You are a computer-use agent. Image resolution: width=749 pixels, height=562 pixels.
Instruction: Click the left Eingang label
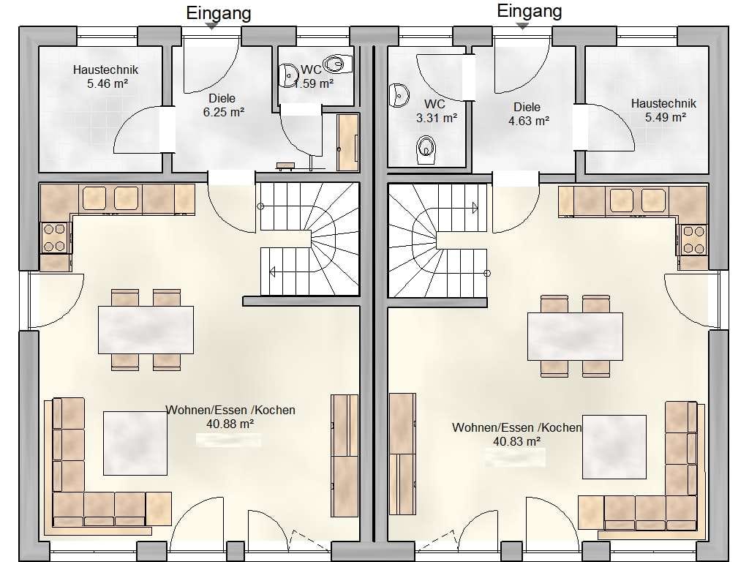pyautogui.click(x=218, y=13)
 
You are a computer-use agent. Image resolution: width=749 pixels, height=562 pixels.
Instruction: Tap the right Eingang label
pyautogui.click(x=530, y=11)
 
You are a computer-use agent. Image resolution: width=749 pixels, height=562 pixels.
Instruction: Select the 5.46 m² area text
pyautogui.click(x=107, y=83)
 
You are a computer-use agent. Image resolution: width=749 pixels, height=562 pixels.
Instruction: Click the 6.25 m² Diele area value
pyautogui.click(x=224, y=112)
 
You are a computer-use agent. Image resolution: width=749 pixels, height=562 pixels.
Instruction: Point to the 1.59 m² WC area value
pyautogui.click(x=313, y=83)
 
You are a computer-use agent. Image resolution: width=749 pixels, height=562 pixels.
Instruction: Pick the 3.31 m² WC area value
pyautogui.click(x=437, y=118)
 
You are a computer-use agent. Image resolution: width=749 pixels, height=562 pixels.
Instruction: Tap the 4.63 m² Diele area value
pyautogui.click(x=529, y=121)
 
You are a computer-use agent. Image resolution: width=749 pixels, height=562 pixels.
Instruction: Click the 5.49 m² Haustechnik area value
pyautogui.click(x=666, y=117)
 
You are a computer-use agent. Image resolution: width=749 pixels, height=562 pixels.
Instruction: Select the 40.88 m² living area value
pyautogui.click(x=230, y=424)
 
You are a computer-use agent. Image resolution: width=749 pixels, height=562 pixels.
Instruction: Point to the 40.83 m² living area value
pyautogui.click(x=516, y=441)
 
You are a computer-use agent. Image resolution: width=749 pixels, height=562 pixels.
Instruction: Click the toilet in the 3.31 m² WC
pyautogui.click(x=426, y=149)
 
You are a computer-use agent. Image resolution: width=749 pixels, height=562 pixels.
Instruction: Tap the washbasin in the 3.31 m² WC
pyautogui.click(x=399, y=95)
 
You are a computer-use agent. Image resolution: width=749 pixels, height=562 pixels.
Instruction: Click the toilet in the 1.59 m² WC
pyautogui.click(x=337, y=63)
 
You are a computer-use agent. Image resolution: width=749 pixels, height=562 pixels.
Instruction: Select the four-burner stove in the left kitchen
pyautogui.click(x=55, y=238)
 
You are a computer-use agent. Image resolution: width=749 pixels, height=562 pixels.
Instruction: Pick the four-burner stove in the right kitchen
pyautogui.click(x=693, y=240)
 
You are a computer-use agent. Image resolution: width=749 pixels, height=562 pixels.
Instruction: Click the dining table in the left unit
pyautogui.click(x=146, y=330)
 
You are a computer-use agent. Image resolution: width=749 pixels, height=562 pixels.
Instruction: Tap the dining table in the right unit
pyautogui.click(x=575, y=337)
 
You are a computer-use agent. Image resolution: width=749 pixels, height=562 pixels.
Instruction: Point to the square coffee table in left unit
pyautogui.click(x=135, y=443)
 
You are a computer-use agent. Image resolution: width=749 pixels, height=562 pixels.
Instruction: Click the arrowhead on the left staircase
pyautogui.click(x=272, y=272)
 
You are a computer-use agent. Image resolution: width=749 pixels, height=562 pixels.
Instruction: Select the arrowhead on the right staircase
pyautogui.click(x=475, y=208)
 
